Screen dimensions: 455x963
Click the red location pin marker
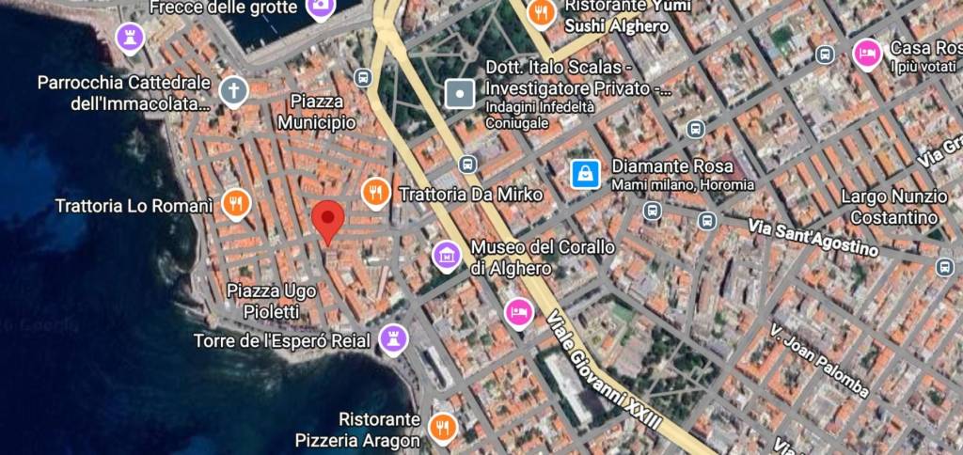click(327, 220)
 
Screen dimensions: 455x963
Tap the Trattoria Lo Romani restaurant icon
click(235, 203)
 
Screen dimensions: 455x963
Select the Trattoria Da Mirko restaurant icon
click(375, 193)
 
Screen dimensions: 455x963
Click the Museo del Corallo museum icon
click(446, 254)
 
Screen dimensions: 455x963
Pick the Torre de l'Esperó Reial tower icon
click(393, 338)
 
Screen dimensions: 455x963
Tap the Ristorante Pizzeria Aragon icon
click(441, 427)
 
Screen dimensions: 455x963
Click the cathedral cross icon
click(233, 91)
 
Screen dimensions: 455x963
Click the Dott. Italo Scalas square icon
click(460, 93)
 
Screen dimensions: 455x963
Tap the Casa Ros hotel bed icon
click(866, 53)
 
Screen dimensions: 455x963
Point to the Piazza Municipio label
click(317, 112)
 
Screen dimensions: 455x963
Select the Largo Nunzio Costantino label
click(893, 207)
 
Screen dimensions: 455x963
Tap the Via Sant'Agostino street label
click(813, 237)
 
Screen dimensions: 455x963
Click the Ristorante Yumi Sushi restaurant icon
click(541, 13)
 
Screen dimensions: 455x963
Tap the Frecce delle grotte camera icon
click(320, 8)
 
